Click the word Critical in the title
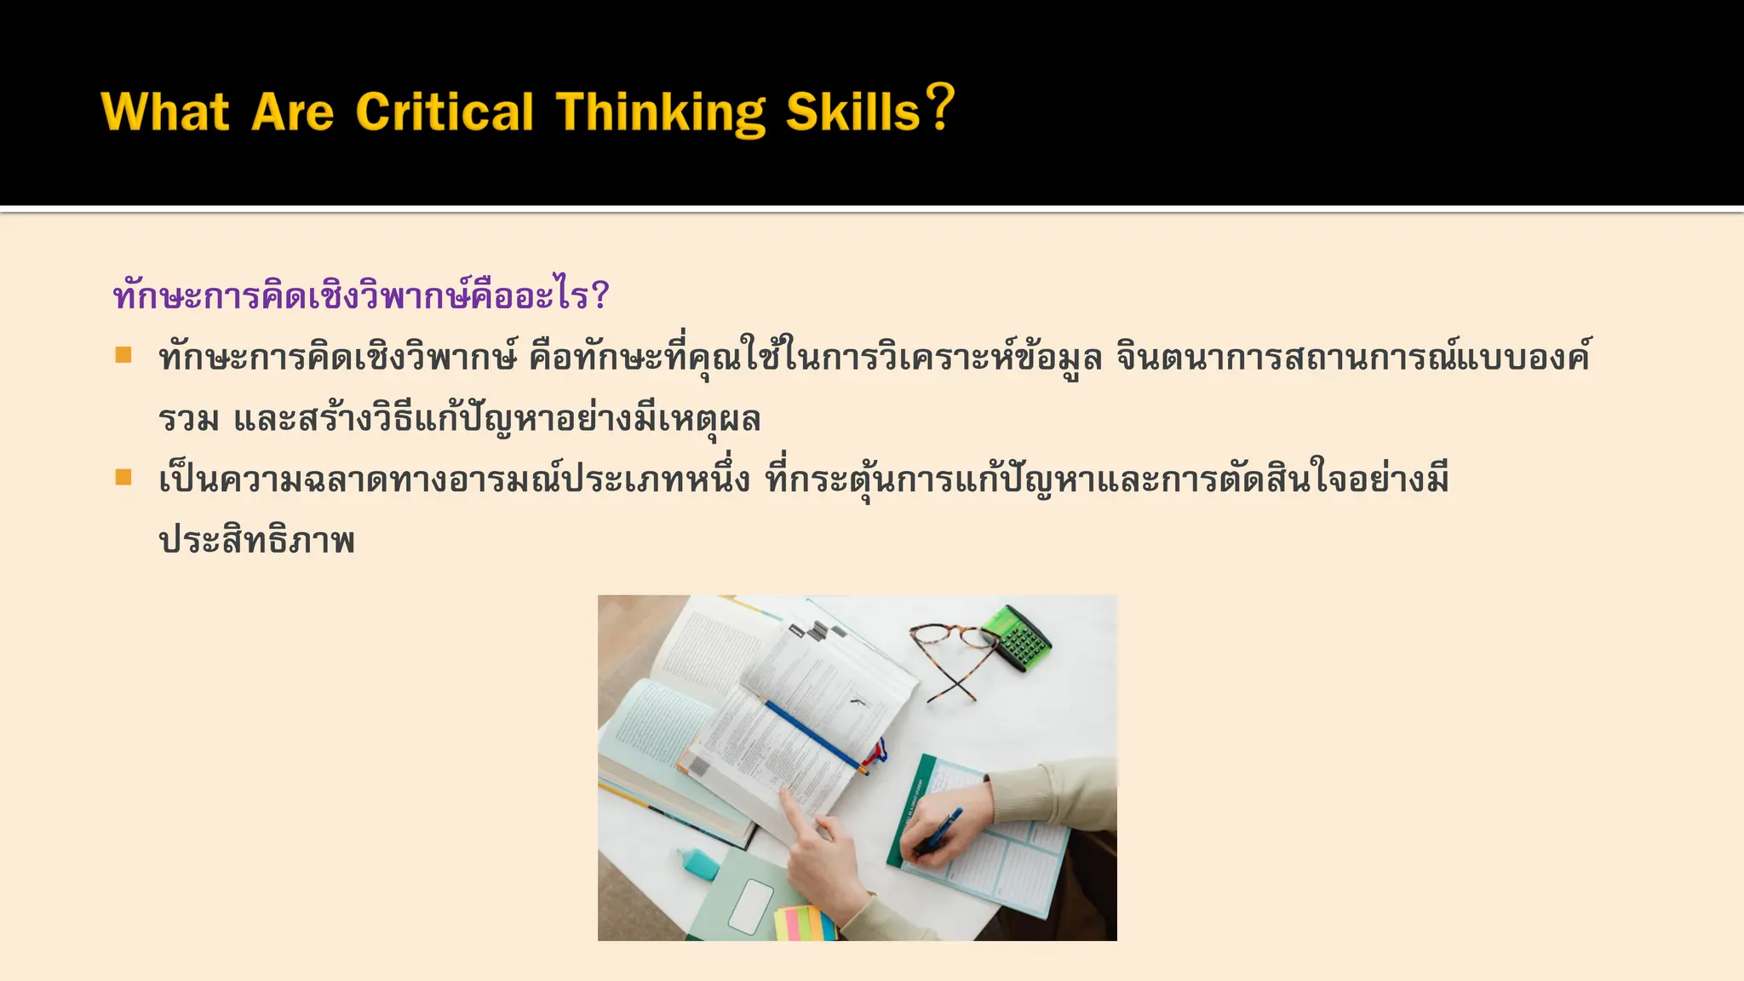coord(445,112)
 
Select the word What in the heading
coord(165,112)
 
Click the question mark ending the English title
coord(940,107)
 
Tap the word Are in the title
coord(292,113)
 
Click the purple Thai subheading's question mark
coord(599,296)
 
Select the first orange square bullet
coord(124,354)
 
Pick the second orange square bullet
coord(124,477)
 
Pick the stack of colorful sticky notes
coord(804,924)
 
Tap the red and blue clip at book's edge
coord(876,753)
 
